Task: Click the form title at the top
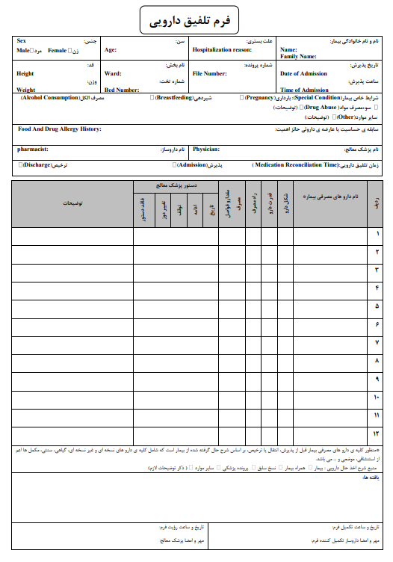click(x=196, y=19)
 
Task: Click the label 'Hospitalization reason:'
click(x=222, y=50)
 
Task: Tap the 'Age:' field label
click(x=111, y=50)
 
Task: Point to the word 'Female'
click(x=57, y=50)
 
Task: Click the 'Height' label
click(x=25, y=74)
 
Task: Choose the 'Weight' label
click(x=25, y=90)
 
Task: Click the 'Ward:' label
click(x=113, y=74)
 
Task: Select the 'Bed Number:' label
click(x=122, y=90)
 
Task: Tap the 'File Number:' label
click(x=209, y=74)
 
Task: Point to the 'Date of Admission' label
click(x=304, y=74)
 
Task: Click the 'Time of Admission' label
click(x=304, y=90)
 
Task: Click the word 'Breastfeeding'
click(x=174, y=98)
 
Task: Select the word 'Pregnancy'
click(x=259, y=98)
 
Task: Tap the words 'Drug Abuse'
click(x=321, y=108)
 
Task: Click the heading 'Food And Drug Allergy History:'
click(x=59, y=129)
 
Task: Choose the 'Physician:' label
click(x=205, y=149)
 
